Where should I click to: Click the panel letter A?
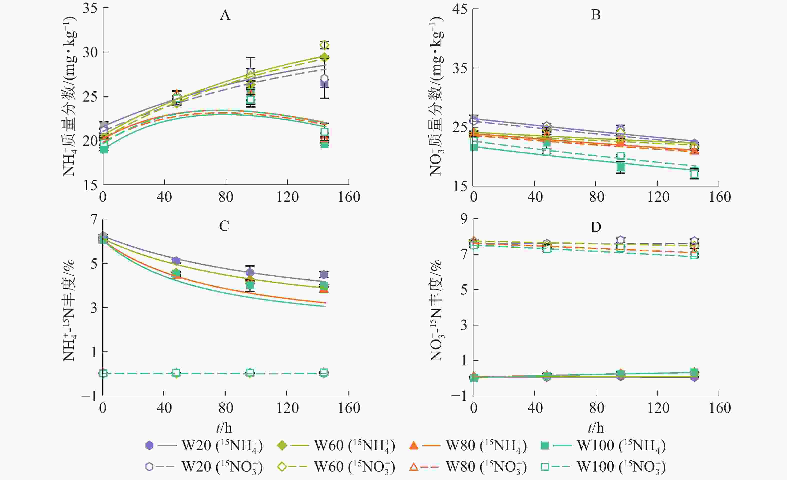(225, 15)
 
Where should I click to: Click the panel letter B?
(596, 15)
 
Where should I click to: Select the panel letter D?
(596, 227)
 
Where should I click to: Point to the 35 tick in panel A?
(90, 8)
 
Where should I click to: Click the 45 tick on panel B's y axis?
(460, 9)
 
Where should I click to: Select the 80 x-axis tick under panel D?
(596, 408)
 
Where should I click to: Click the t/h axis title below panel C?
(224, 428)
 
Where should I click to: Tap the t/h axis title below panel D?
(596, 428)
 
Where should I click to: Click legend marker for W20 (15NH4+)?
(149, 445)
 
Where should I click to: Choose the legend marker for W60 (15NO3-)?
(282, 467)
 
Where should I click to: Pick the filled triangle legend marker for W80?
(414, 446)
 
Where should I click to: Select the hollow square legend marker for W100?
(545, 467)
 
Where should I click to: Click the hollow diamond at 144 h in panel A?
(324, 45)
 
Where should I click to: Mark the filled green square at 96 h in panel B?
(620, 166)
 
